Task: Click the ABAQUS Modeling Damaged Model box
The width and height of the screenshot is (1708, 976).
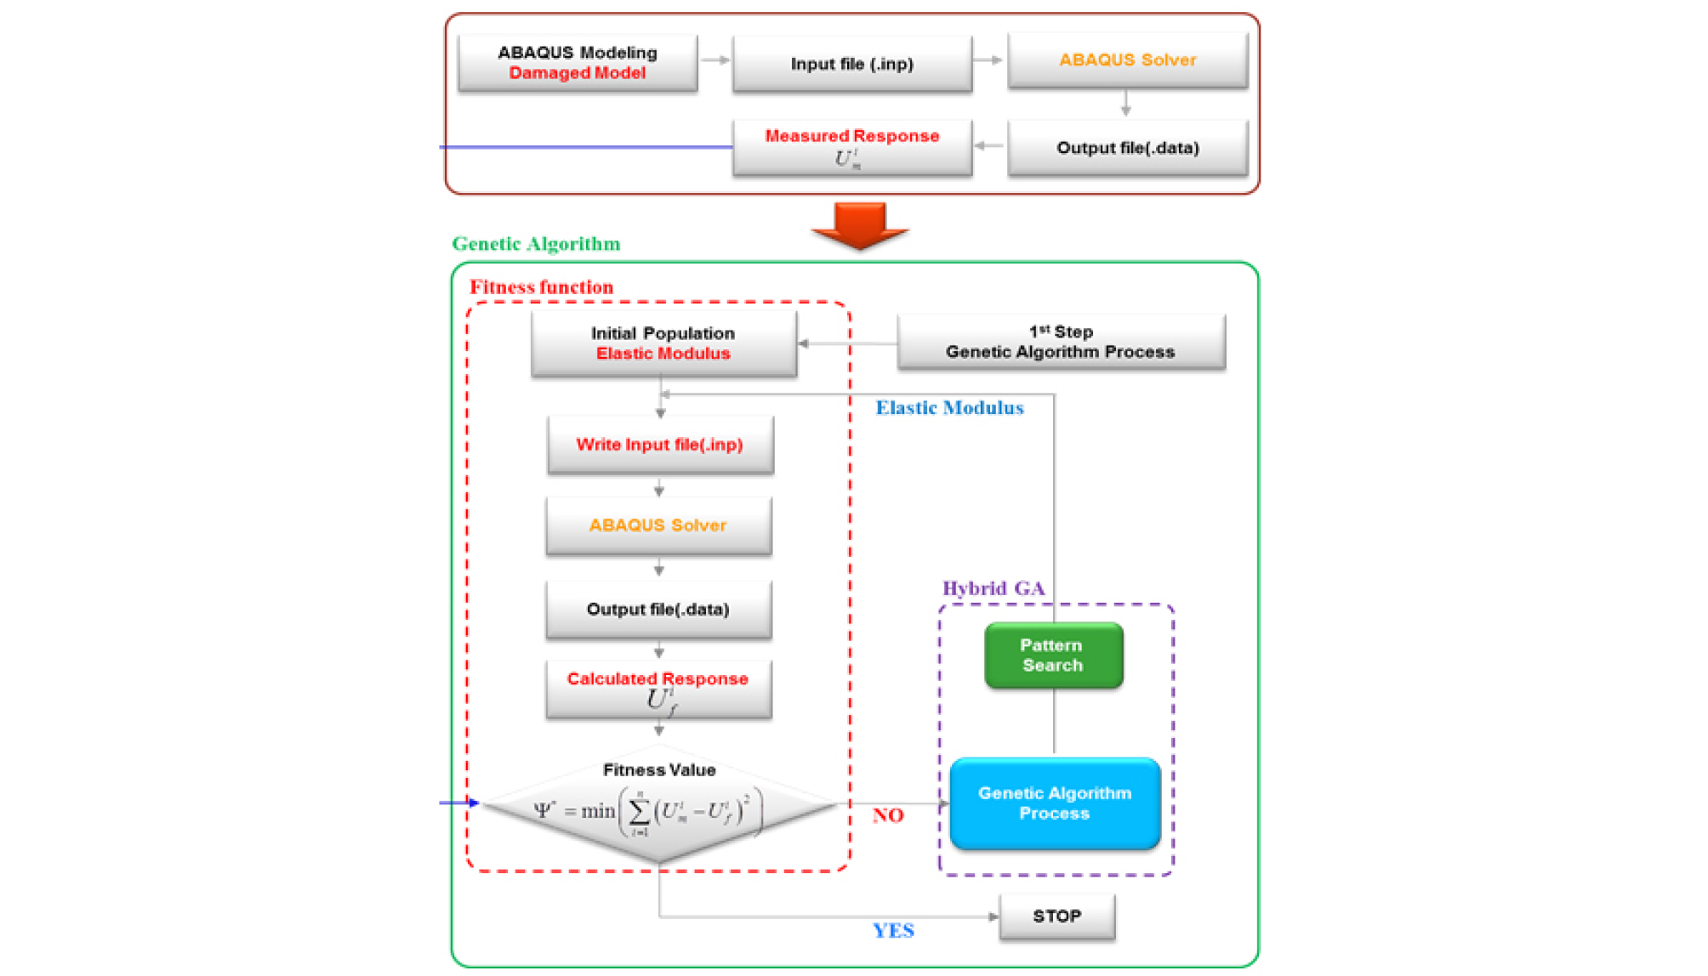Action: click(x=578, y=63)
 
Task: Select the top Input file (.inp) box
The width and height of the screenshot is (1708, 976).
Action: click(x=851, y=64)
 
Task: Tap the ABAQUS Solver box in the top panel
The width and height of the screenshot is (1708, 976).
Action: click(x=1127, y=60)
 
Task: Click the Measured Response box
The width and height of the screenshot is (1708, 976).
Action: click(x=851, y=147)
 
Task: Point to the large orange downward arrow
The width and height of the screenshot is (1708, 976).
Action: click(x=860, y=224)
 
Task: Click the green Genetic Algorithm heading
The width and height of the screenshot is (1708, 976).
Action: click(x=536, y=244)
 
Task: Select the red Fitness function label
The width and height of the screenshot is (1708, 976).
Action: click(x=541, y=287)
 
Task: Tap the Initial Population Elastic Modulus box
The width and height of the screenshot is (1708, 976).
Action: click(x=663, y=343)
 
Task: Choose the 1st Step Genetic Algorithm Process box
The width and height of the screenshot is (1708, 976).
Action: click(x=1061, y=342)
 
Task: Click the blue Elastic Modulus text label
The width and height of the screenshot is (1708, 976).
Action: click(x=949, y=408)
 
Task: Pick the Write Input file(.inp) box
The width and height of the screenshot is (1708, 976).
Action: click(x=660, y=445)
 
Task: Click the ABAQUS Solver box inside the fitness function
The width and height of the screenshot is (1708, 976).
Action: click(x=658, y=525)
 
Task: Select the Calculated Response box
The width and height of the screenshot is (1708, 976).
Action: click(x=658, y=689)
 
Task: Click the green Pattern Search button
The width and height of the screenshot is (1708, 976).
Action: click(x=1053, y=655)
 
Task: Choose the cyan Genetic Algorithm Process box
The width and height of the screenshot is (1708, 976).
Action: click(x=1055, y=803)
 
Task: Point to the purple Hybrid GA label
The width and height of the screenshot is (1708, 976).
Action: click(x=993, y=588)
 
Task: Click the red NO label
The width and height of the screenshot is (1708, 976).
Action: click(x=888, y=815)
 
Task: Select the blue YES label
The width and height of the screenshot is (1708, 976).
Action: click(x=893, y=930)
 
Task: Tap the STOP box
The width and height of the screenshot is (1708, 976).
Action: click(x=1056, y=916)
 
